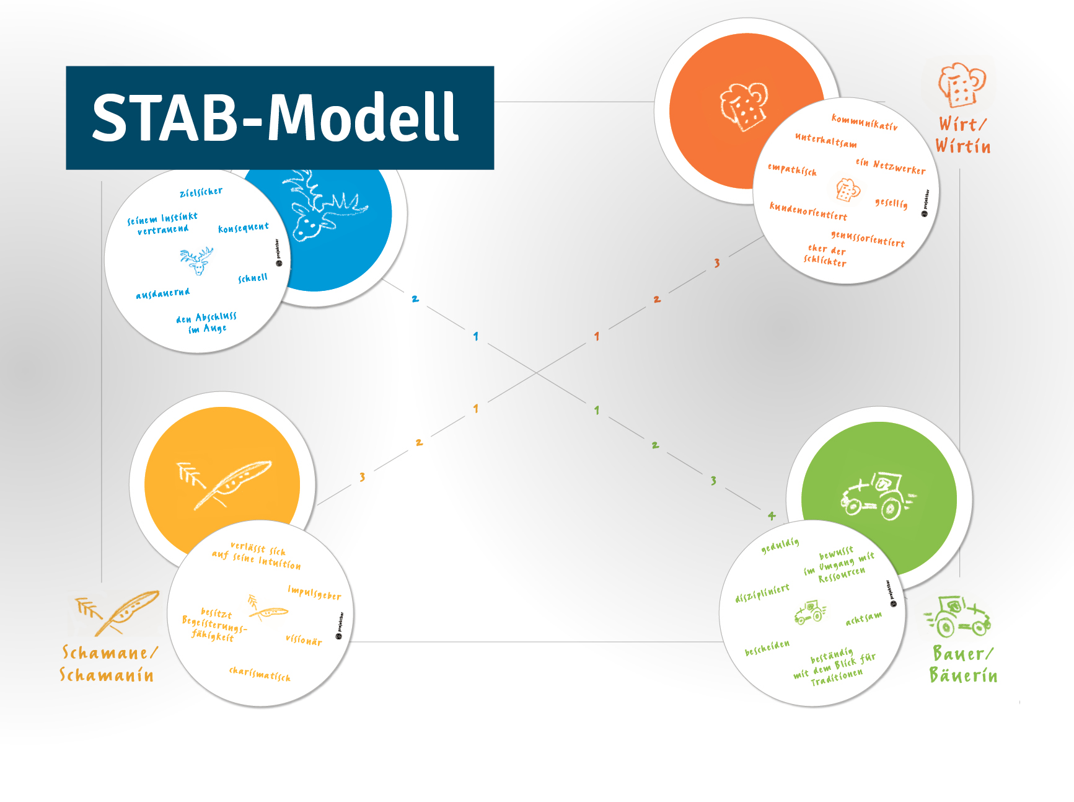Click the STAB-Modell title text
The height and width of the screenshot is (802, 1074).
click(x=276, y=117)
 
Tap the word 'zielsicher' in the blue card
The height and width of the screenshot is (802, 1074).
click(x=201, y=192)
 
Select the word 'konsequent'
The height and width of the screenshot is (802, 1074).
click(x=244, y=228)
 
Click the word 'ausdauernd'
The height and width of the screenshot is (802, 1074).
click(x=163, y=293)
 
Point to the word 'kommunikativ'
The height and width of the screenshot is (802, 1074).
click(x=864, y=122)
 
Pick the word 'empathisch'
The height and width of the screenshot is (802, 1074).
click(x=792, y=169)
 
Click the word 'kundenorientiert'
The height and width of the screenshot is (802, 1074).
click(x=808, y=212)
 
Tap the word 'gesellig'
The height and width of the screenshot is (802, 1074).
click(x=891, y=203)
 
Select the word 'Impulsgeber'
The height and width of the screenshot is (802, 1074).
click(x=314, y=593)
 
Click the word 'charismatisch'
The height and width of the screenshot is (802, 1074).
click(x=260, y=674)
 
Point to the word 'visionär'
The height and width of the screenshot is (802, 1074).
click(x=304, y=640)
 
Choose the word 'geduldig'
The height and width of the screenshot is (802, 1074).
click(x=780, y=545)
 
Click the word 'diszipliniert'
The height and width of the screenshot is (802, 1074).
click(x=762, y=594)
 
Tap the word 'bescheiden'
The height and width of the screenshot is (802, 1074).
click(x=767, y=648)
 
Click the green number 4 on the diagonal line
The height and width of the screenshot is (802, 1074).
click(x=772, y=515)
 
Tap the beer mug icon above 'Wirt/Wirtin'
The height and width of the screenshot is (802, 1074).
click(x=961, y=84)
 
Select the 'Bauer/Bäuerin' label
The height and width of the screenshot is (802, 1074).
click(x=963, y=664)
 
